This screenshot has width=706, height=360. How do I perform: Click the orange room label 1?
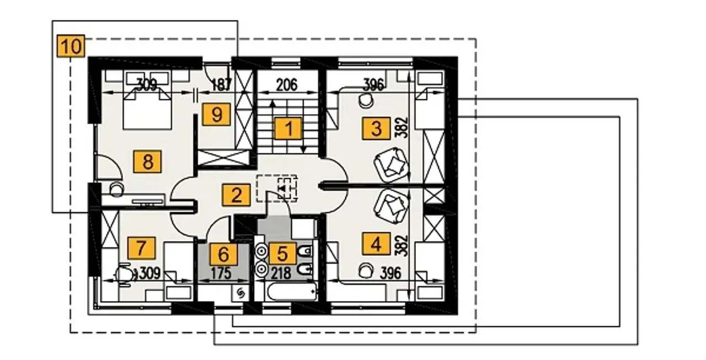[288, 128]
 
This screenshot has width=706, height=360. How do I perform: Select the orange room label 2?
[236, 195]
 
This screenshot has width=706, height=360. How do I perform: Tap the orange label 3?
[376, 128]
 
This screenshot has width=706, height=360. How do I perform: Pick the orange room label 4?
[376, 244]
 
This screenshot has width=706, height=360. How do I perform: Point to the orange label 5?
[282, 253]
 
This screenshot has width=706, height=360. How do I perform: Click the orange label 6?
[223, 254]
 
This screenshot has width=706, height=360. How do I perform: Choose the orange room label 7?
[141, 248]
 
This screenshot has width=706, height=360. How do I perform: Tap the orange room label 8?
[147, 162]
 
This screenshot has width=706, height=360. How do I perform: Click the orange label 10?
[71, 46]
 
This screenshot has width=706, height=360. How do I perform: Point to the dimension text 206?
[287, 85]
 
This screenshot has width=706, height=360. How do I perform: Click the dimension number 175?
[221, 273]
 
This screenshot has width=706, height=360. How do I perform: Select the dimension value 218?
[281, 273]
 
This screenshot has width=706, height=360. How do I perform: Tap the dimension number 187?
[221, 85]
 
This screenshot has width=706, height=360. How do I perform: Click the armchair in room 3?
[391, 164]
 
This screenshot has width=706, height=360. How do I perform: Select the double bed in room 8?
[147, 108]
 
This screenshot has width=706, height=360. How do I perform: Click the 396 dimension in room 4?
[391, 273]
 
